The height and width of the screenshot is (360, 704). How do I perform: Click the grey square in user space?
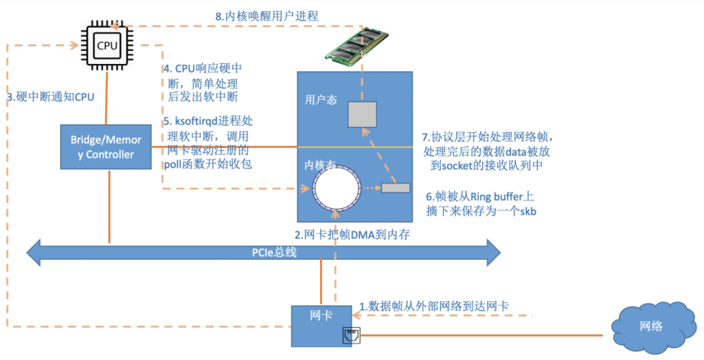coord(361,116)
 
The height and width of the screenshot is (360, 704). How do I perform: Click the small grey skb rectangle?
coord(395,188)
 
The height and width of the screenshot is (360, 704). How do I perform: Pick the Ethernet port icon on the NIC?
coord(349,334)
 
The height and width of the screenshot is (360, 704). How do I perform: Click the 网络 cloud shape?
coord(651,328)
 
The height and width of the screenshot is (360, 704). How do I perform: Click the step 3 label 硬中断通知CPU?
coord(50,97)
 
